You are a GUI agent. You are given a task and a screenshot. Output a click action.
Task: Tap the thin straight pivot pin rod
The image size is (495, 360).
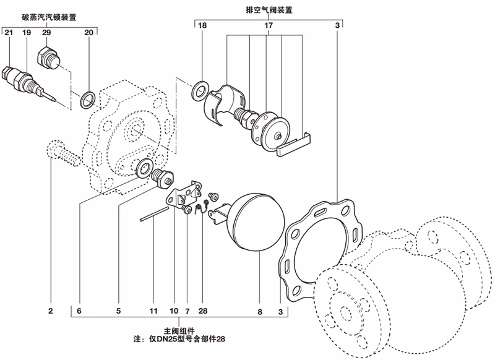tap(154, 213)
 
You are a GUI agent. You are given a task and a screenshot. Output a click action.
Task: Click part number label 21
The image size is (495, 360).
tap(8, 32)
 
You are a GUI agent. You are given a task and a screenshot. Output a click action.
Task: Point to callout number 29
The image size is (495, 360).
tap(46, 32)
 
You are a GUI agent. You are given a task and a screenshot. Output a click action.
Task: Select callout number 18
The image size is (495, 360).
tap(202, 26)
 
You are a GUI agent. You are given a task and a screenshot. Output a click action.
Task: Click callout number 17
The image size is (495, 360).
tap(269, 26)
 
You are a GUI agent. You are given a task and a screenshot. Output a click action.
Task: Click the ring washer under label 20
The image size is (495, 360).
tap(88, 96)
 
